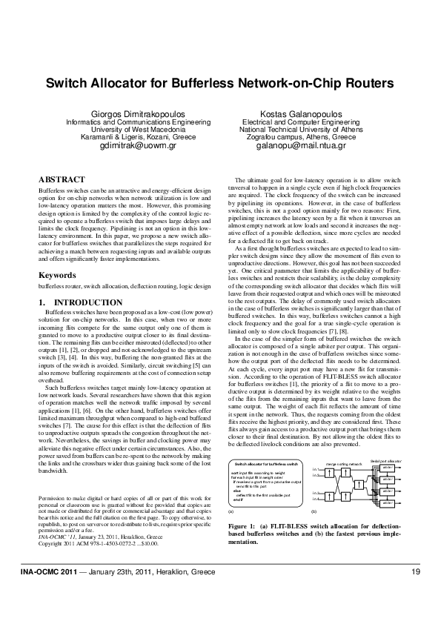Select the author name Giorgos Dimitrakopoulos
coord(131,113)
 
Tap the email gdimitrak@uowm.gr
coord(132,146)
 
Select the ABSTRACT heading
coord(62,180)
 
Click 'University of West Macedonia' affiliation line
coord(132,130)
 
